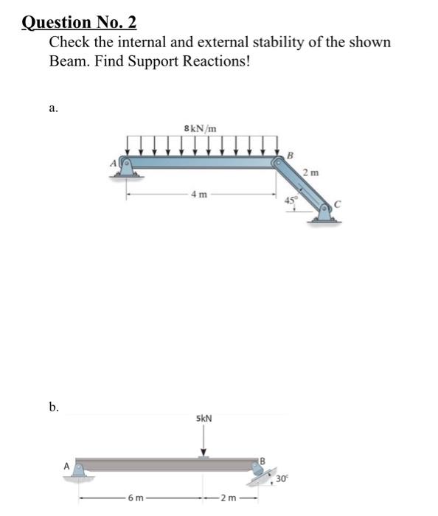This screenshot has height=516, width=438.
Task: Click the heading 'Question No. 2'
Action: click(79, 23)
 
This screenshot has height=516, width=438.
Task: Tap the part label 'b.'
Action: click(54, 406)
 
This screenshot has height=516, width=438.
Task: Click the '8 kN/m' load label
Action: click(200, 129)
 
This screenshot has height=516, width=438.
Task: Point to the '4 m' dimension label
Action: click(198, 195)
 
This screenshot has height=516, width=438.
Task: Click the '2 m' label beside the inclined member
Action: click(310, 172)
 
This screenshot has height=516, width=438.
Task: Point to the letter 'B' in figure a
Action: click(291, 154)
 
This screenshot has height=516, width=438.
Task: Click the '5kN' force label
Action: click(204, 419)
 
